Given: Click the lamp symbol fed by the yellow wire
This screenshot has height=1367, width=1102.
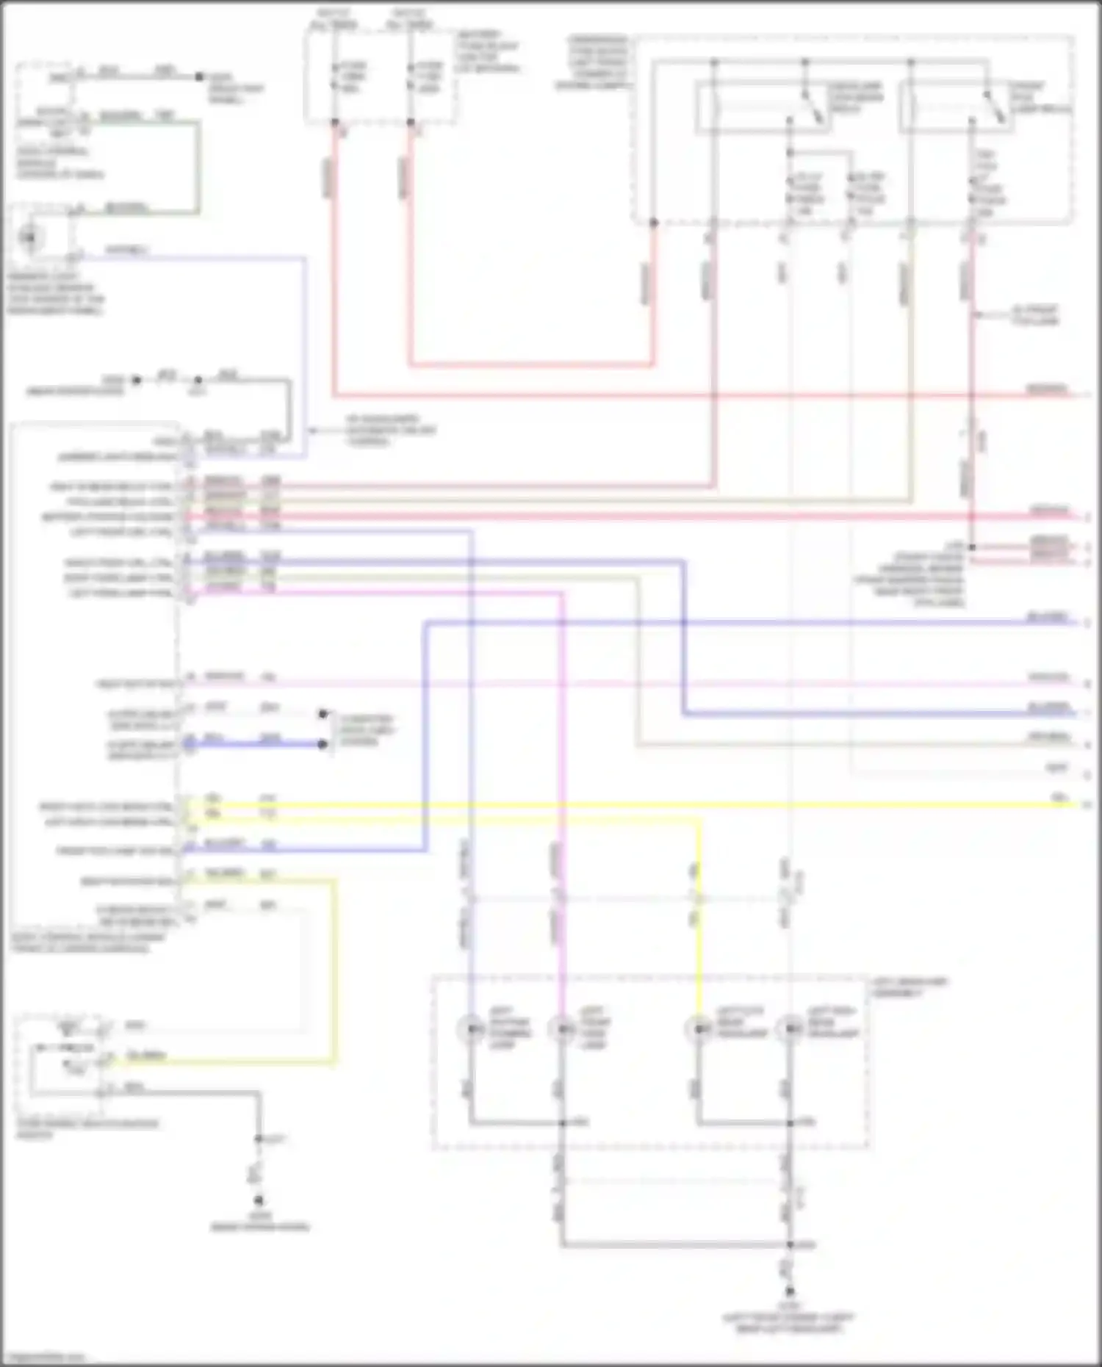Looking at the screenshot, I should pos(697,1028).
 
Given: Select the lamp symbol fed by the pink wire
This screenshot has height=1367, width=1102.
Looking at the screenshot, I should pos(562,1028).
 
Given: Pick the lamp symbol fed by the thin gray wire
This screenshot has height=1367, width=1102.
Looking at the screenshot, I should pos(791,1028).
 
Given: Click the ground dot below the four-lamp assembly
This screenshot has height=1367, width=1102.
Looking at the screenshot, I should pos(791,1291).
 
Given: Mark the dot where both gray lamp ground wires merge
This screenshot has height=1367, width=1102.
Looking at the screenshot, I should pos(791,1244).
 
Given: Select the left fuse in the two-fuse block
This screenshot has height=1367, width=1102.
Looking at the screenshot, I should pos(335,76).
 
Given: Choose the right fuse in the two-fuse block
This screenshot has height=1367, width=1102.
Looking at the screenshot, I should pos(411,76).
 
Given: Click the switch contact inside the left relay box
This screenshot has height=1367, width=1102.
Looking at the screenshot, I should pos(808,103).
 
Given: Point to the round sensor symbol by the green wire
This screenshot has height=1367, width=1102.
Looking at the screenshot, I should pos(29,237).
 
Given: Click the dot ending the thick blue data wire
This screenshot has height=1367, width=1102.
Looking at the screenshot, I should pos(323,744).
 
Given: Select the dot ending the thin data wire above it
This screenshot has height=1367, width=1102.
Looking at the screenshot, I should pos(323,713).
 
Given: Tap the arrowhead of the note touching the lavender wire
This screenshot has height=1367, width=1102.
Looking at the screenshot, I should pos(311,430).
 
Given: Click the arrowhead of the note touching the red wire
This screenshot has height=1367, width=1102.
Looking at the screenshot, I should pos(977,315).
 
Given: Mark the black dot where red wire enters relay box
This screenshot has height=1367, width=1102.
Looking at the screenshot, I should pos(653,223).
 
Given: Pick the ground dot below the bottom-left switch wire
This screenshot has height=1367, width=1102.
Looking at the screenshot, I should pos(259,1201).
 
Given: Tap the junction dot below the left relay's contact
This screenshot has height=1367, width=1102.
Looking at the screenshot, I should pos(791,153).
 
